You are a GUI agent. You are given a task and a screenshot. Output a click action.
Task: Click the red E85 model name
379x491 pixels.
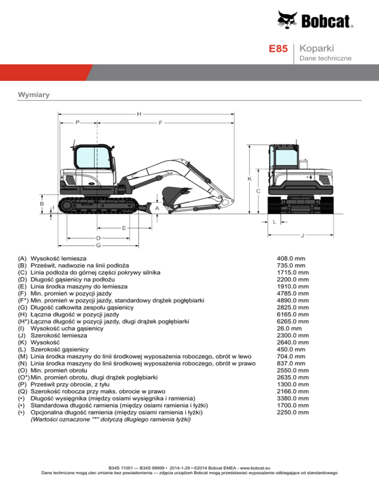pyautogui.click(x=278, y=49)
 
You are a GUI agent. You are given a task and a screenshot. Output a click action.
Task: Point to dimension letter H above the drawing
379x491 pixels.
pyautogui.click(x=140, y=114)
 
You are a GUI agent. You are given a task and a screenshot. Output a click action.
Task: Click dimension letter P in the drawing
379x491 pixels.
pyautogui.click(x=78, y=123)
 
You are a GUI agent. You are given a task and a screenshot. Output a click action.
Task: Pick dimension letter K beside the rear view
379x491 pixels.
pyautogui.click(x=249, y=178)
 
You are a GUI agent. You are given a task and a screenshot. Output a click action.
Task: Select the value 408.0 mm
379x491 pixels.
pyautogui.click(x=294, y=258)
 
